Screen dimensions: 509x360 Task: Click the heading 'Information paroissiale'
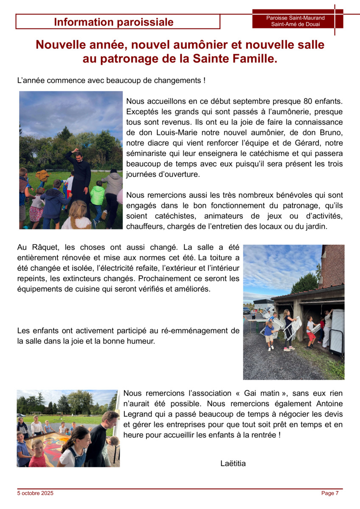114,22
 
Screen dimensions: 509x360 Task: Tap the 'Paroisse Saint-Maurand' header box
295,21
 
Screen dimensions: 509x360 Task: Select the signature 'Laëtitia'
233,463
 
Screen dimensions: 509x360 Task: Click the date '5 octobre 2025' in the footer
35,493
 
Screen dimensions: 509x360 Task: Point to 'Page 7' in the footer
330,493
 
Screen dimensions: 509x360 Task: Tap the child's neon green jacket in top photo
97,196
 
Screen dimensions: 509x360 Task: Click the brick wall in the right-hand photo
333,265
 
